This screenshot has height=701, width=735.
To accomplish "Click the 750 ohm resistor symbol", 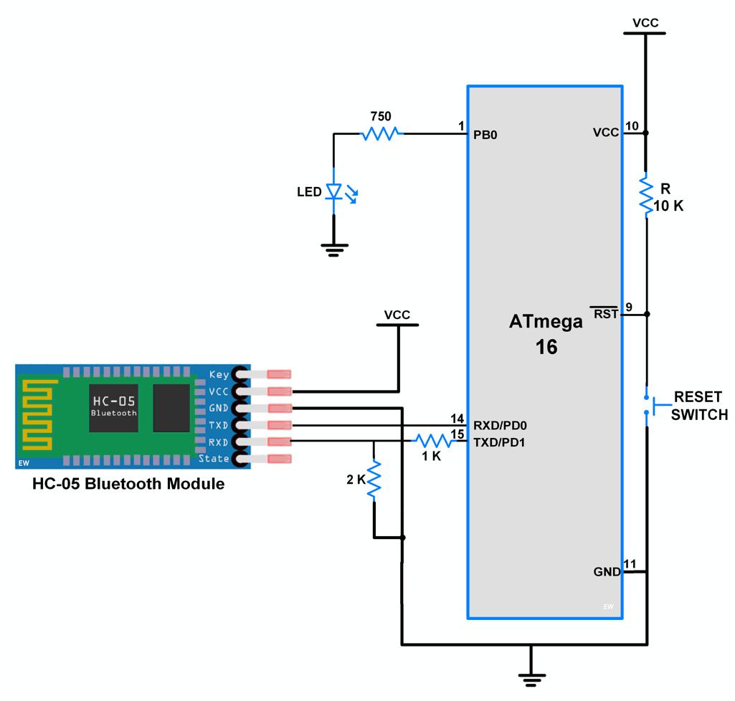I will pos(381,133).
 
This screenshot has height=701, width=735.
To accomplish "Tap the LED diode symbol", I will pos(333,191).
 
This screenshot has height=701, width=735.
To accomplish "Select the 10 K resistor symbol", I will pos(645,194).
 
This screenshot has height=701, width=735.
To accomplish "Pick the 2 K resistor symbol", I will pos(374,480).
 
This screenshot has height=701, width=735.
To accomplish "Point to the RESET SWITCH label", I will pos(698,406).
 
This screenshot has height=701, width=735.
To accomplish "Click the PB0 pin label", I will pos(485,134).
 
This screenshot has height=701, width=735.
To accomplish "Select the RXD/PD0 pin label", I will pos(500,424).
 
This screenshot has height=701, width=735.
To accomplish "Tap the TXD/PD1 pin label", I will pos(499,442).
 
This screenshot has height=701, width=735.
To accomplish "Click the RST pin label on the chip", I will pos(604,313).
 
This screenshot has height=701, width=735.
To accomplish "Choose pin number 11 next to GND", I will pos(630,563).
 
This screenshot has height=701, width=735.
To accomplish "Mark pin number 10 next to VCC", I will pos(631,126).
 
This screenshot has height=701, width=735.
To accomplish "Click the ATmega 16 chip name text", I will pos(546,334).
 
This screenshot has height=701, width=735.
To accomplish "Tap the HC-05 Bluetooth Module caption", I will pos(128,484).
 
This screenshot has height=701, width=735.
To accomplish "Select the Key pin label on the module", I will pos(219,374).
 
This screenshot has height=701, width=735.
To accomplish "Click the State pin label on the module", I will pos(214,459).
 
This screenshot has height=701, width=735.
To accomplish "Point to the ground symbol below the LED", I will pos(333,248).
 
